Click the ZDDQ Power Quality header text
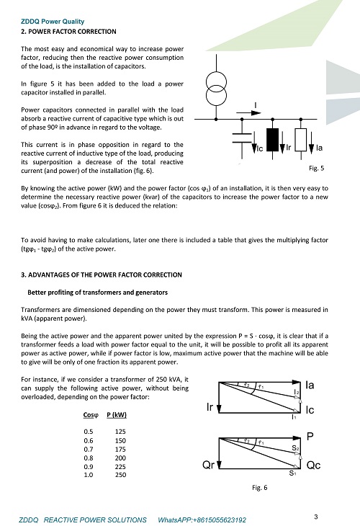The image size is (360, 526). coord(53,22)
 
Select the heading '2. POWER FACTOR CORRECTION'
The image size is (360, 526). coord(68,32)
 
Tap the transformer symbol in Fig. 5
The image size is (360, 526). coord(216,89)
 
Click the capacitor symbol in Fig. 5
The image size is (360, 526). coord(242,138)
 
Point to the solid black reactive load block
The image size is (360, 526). coord(272,140)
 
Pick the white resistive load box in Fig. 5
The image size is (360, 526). coord(301,140)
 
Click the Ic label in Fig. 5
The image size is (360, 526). coord(260,148)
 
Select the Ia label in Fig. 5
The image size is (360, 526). coord(319,148)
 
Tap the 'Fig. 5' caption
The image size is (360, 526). coord(316,168)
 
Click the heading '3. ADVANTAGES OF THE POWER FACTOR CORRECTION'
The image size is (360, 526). coord(102,275)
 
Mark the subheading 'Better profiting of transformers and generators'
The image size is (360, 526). coord(97,293)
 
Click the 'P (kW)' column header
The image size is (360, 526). coord(117,415)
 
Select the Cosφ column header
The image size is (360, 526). coord(91,415)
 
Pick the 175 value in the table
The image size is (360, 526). coord(120,449)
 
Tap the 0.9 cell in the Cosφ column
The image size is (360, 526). coord(89,467)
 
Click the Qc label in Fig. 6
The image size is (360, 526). coord(313,465)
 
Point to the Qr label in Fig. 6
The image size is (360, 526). coord(208,465)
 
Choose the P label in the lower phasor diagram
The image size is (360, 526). coord(310,437)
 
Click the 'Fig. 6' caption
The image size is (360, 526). coord(260,487)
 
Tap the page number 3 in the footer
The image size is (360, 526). coord(316,517)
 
